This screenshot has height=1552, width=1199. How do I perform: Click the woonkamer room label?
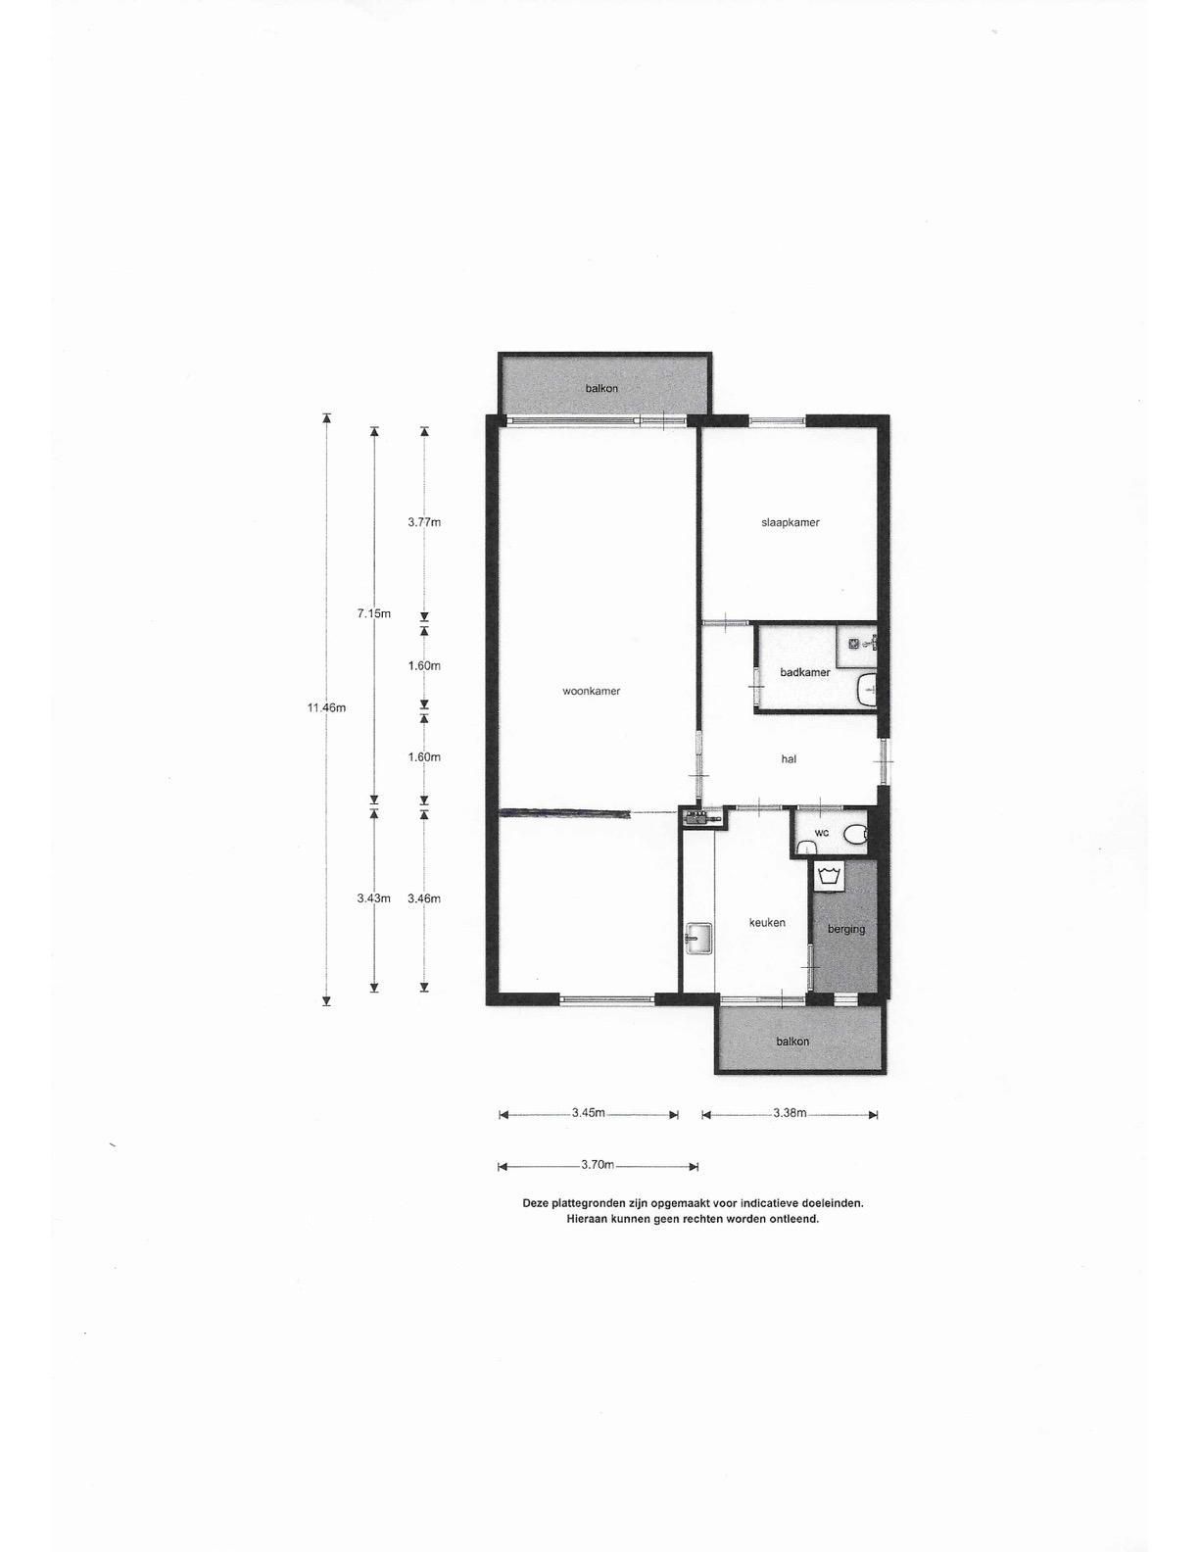coord(591,691)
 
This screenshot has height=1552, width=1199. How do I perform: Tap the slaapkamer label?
coord(790,522)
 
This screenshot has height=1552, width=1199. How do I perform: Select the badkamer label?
coord(805,672)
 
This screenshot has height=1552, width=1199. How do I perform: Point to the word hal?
coord(789,758)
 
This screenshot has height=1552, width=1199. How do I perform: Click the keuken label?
coord(767,922)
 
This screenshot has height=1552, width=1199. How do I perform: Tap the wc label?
coord(821,832)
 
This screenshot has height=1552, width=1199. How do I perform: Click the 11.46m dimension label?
coord(326,707)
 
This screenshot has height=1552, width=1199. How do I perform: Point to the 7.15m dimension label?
coord(373,613)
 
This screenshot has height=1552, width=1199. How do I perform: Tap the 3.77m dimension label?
coord(424,522)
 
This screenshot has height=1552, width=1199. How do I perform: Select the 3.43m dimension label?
coord(373,898)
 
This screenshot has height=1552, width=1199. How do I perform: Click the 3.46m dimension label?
coord(424,898)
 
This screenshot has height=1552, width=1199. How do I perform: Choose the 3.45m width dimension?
coord(589,1113)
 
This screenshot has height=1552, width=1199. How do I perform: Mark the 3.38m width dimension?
coord(790,1113)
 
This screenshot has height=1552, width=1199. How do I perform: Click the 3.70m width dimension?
coord(598,1165)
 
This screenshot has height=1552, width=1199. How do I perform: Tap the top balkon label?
coord(601,388)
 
